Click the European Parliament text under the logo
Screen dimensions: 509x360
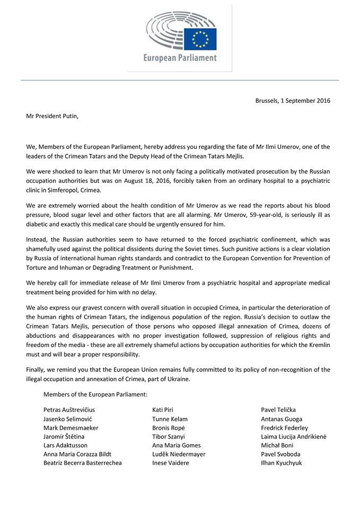pos(180,58)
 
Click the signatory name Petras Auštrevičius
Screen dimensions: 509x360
pos(69,410)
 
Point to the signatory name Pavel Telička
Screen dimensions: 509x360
pos(279,410)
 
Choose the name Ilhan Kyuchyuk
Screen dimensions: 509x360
pos(282,463)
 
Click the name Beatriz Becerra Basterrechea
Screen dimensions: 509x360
pos(83,463)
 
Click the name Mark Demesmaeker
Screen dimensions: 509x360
pos(71,428)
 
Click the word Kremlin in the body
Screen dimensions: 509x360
pos(318,345)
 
